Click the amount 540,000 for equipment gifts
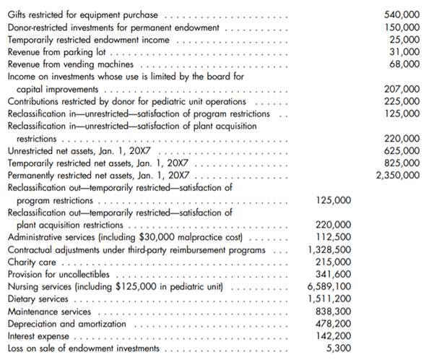(404, 14)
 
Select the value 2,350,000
(397, 175)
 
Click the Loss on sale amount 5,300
(340, 348)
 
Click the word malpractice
(190, 237)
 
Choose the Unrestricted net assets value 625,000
(404, 150)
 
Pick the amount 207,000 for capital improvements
(404, 89)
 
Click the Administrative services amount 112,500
(334, 237)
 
